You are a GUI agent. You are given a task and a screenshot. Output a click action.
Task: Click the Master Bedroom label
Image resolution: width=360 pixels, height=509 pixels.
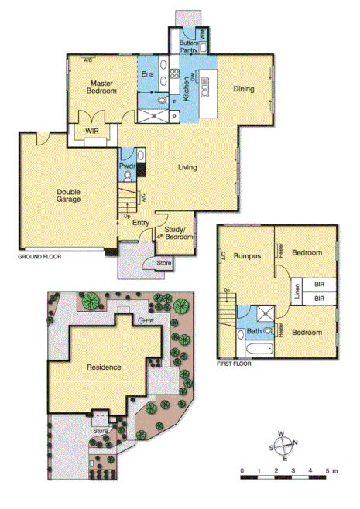point(102,87)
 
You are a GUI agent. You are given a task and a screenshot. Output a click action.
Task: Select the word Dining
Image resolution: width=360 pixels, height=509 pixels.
point(244,89)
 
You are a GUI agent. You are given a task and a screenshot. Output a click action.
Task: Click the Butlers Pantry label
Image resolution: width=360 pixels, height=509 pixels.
point(189,46)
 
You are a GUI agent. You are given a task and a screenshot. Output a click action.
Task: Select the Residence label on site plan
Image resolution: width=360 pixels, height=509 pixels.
point(103,367)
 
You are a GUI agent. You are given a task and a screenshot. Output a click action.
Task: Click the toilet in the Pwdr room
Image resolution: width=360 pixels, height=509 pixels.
point(128,176)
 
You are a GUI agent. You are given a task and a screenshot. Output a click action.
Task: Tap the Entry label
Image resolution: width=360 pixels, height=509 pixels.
point(140,224)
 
